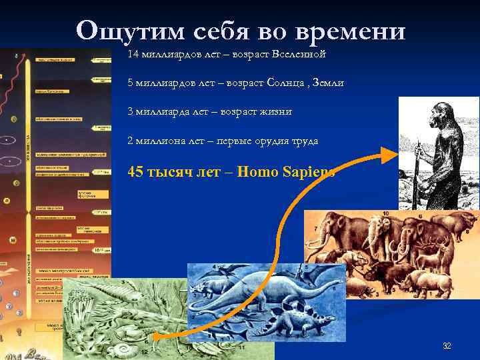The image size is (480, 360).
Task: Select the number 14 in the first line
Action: coord(133,53)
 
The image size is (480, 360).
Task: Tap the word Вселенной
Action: coord(295,53)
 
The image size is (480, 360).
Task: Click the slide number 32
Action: coord(447,346)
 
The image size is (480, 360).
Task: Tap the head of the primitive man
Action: coord(435,114)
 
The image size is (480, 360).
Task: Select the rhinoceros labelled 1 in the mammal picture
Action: coord(360,287)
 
